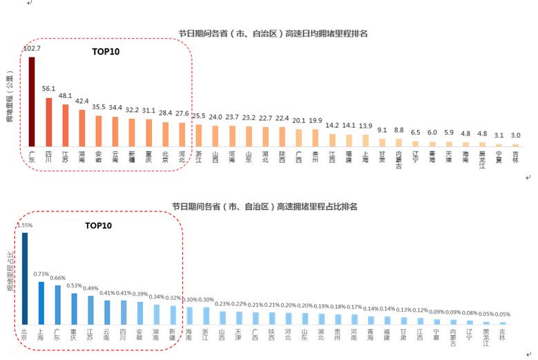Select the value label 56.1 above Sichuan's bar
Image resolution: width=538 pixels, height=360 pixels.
click(48, 89)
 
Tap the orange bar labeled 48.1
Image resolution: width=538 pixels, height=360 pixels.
click(65, 125)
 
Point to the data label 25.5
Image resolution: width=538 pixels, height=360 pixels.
click(198, 115)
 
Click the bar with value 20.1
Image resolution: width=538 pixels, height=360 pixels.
click(298, 137)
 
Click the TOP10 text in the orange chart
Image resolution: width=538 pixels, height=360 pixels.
click(107, 51)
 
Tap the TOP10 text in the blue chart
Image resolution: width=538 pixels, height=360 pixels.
click(98, 225)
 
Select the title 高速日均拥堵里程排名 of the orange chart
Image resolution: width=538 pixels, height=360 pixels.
click(273, 32)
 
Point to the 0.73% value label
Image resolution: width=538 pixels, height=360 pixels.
click(41, 274)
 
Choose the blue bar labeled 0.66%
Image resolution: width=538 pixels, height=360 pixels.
click(58, 305)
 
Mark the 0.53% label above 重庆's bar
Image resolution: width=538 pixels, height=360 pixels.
click(75, 285)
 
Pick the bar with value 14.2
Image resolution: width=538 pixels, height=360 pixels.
click(332, 139)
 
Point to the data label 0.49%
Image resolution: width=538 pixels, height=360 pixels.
click(91, 288)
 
